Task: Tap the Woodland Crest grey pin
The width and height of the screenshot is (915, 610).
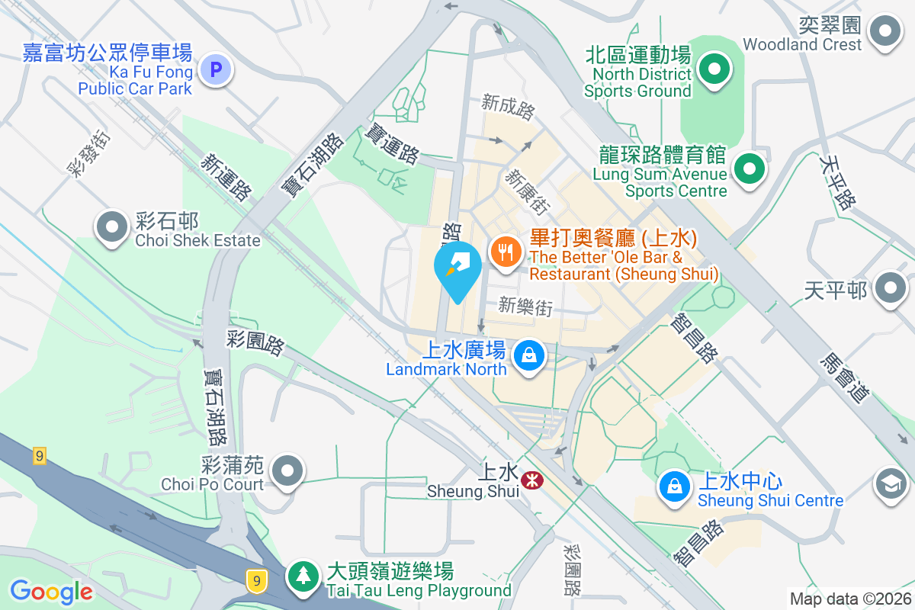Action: (x=885, y=32)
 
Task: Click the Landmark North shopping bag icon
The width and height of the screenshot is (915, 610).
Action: (x=528, y=355)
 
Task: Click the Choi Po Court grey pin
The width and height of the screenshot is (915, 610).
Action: (x=287, y=470)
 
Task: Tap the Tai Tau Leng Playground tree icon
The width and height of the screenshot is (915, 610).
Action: (x=303, y=576)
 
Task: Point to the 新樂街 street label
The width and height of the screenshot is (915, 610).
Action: (x=525, y=307)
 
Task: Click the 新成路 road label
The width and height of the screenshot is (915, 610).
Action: (x=508, y=106)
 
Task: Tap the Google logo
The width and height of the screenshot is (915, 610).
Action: (x=51, y=591)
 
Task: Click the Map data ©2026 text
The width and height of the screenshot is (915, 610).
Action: (x=850, y=599)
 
